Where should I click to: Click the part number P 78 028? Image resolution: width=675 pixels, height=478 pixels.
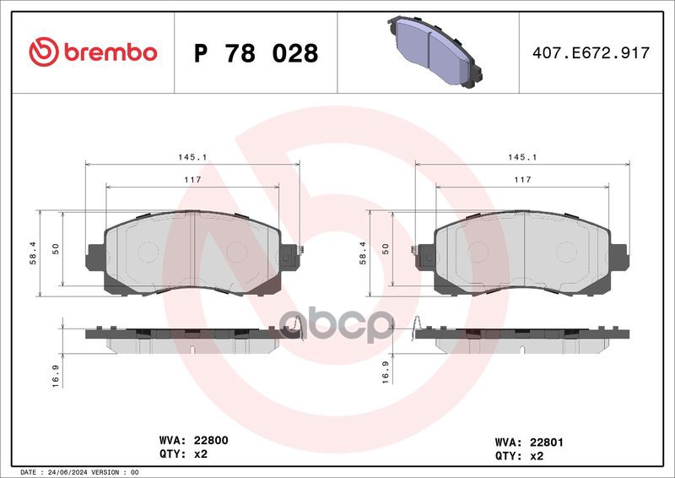[256, 53]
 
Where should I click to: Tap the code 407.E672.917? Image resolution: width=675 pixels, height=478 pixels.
[591, 53]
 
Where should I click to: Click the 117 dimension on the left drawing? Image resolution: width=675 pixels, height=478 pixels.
[192, 180]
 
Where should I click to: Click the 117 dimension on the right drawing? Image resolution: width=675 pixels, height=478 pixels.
[522, 180]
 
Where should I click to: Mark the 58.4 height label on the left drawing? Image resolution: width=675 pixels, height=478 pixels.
[34, 253]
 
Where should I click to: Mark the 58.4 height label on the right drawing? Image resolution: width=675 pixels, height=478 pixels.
[363, 253]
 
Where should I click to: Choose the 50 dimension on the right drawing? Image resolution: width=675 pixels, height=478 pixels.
[385, 248]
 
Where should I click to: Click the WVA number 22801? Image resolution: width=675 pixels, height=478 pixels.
[542, 440]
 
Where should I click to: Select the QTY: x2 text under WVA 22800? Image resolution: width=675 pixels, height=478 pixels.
[183, 454]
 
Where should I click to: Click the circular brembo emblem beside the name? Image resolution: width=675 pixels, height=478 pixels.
[43, 52]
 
